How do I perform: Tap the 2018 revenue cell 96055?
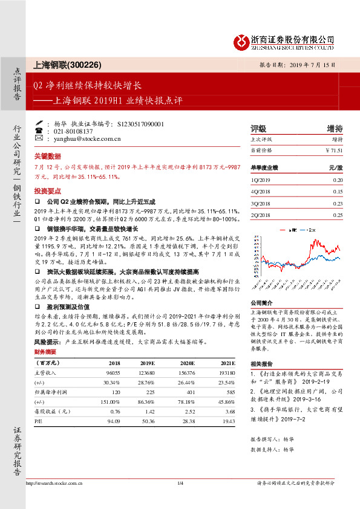coord(113,373)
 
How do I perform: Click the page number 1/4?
coord(180,482)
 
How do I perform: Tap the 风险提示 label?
coord(45,342)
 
